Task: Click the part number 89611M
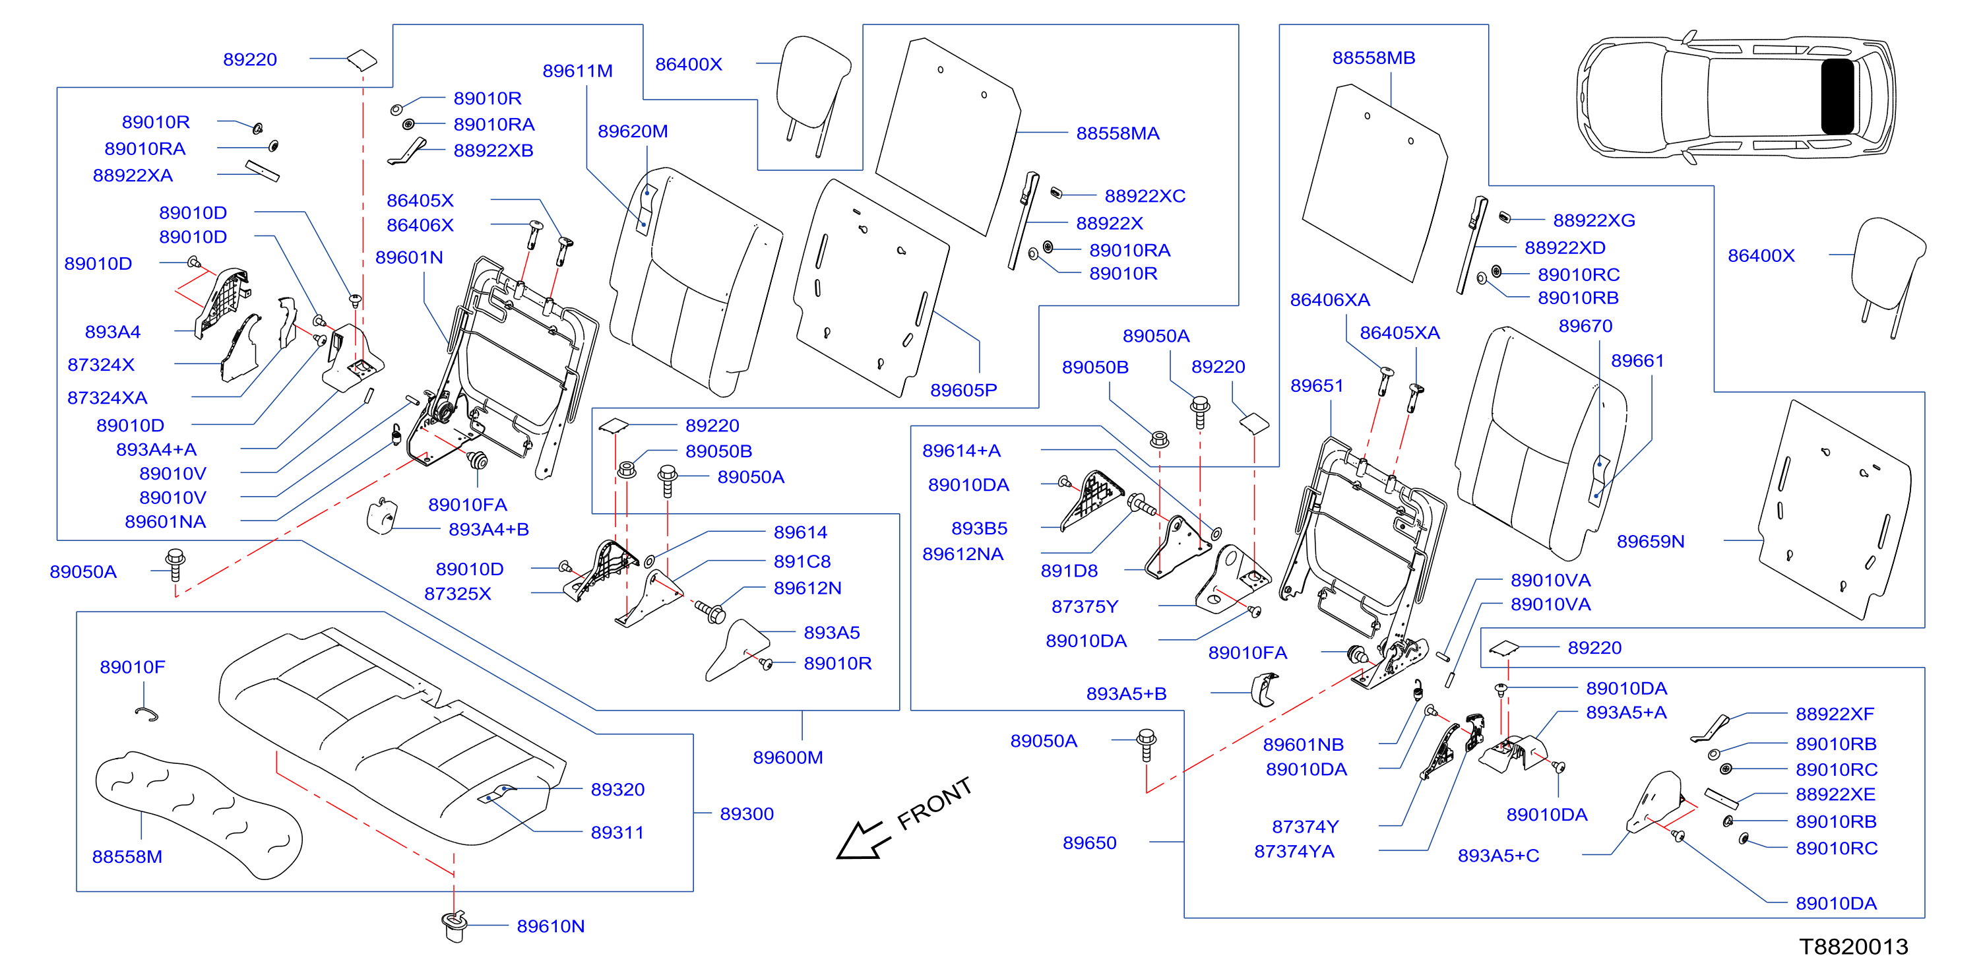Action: point(577,71)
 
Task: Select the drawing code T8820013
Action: point(1853,946)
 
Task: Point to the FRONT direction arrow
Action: point(863,840)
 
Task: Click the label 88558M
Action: point(127,856)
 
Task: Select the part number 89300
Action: point(746,813)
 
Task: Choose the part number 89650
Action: point(1089,842)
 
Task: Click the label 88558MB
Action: point(1373,58)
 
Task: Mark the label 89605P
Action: point(963,390)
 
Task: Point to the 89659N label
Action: point(1650,541)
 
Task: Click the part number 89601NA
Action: point(165,522)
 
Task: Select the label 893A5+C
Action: point(1498,855)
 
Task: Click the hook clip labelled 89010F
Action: point(146,714)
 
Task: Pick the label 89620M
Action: point(633,131)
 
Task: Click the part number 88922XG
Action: point(1594,220)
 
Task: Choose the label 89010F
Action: point(133,667)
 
